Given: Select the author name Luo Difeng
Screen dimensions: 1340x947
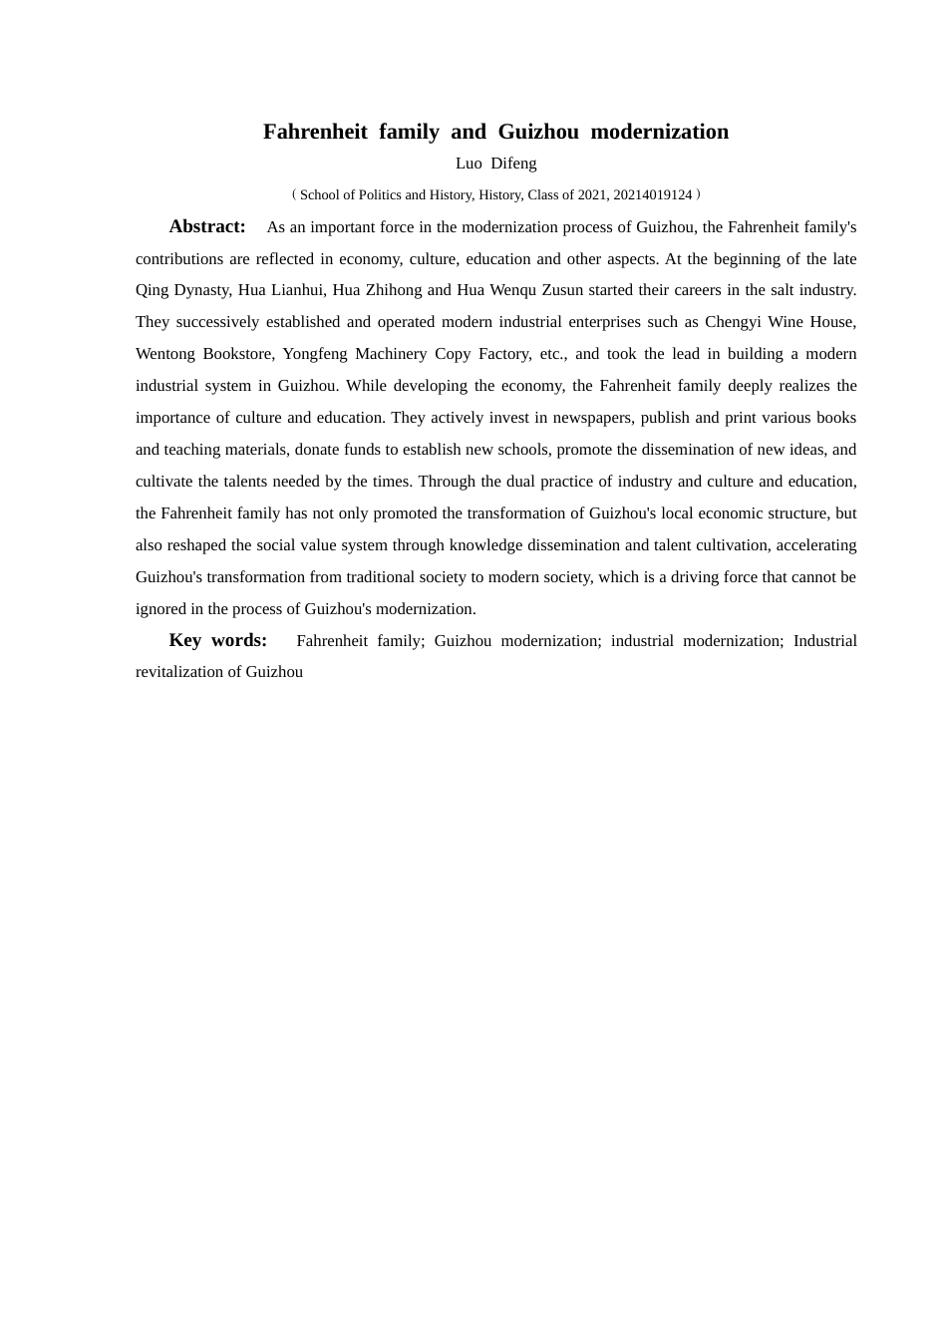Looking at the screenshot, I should pyautogui.click(x=495, y=164).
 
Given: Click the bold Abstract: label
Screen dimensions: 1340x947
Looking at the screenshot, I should pyautogui.click(x=207, y=226).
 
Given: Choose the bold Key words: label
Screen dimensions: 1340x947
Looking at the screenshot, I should pyautogui.click(x=218, y=640).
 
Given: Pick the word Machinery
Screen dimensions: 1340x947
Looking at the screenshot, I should pyautogui.click(x=391, y=354).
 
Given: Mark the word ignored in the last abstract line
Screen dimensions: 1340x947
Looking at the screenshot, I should pyautogui.click(x=159, y=609).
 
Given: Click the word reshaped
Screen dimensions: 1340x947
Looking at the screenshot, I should pyautogui.click(x=196, y=545).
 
